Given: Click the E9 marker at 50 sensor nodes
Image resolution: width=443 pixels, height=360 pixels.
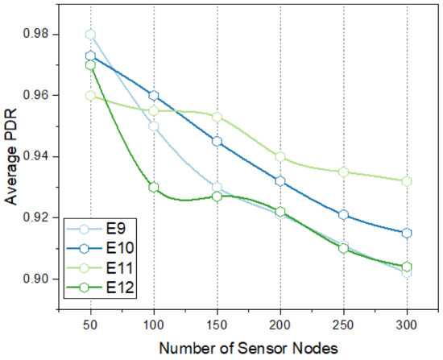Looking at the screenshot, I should pos(90,35).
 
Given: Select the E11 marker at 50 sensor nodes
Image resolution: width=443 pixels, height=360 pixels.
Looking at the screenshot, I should pos(90,95).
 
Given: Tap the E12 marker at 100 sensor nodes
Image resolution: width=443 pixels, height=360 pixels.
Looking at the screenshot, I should pos(153,187).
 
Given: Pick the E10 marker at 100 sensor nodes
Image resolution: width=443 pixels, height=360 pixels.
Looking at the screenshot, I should pos(153,96).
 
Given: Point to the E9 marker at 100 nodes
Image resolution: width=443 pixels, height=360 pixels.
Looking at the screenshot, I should pos(153,126).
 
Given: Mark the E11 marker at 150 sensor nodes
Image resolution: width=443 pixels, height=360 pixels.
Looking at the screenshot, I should pos(217,117).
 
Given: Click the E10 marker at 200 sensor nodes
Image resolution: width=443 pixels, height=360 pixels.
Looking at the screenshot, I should pos(279,181).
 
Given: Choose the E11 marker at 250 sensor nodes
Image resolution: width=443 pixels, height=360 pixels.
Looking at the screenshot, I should pos(343,172).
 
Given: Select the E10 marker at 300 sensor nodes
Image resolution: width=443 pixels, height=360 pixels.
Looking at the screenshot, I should pos(407,233).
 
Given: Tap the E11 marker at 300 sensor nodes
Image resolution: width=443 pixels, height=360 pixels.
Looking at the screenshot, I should pos(407,181).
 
